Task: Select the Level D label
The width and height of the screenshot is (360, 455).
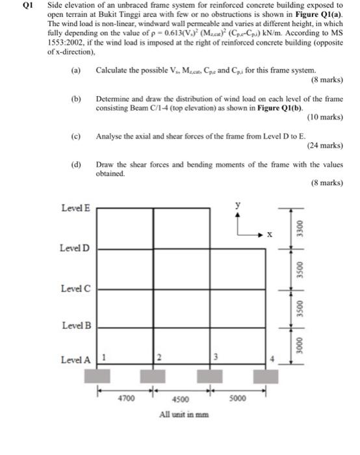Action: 75,249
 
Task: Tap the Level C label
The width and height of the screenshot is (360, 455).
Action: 75,288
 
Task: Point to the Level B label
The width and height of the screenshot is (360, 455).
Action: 75,324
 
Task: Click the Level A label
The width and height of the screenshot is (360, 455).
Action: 75,359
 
